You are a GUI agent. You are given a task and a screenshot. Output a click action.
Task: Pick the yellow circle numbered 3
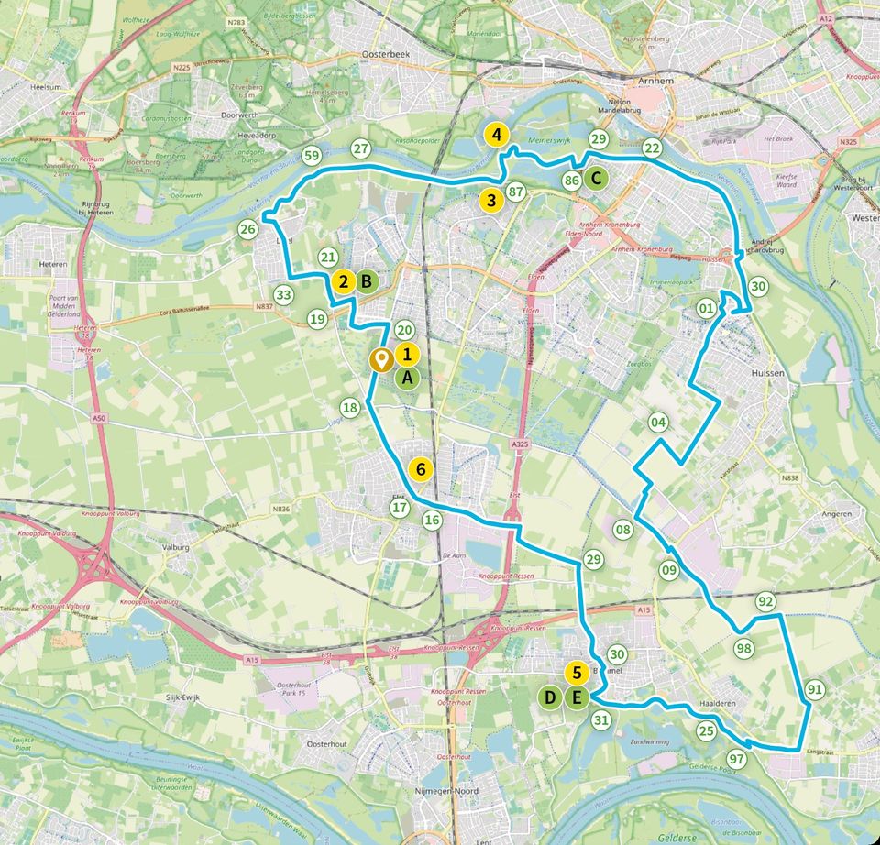tap(491, 199)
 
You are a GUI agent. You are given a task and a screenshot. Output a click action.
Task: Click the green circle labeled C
tap(595, 178)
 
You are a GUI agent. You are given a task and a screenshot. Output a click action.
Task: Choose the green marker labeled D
tap(550, 698)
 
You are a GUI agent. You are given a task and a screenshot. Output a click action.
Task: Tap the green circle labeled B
tap(366, 281)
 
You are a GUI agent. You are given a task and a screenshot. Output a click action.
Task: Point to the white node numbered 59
tap(312, 156)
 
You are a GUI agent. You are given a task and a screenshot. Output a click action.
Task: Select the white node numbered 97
tap(736, 759)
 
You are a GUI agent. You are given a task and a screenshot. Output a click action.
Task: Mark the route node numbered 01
tap(706, 307)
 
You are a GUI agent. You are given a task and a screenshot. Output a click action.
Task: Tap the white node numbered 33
tap(283, 295)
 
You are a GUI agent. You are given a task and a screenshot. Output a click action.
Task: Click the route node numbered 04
tap(656, 422)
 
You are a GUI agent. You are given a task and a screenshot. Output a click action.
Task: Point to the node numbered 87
tap(515, 192)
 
